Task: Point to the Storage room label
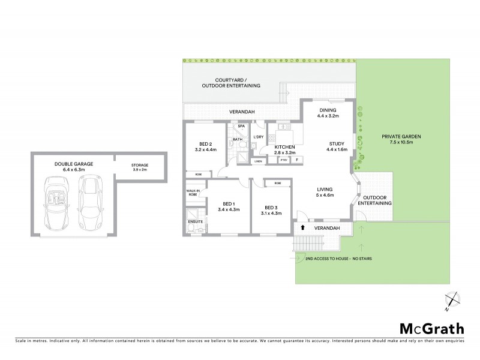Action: (x=140, y=167)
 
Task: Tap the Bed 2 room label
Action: (x=206, y=146)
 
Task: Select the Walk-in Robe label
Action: (x=193, y=193)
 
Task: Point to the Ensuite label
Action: (x=196, y=222)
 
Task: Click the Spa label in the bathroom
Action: (x=241, y=127)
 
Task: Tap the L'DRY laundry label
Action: (x=259, y=137)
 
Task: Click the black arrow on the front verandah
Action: (x=303, y=227)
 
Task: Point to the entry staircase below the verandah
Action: (x=307, y=245)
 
